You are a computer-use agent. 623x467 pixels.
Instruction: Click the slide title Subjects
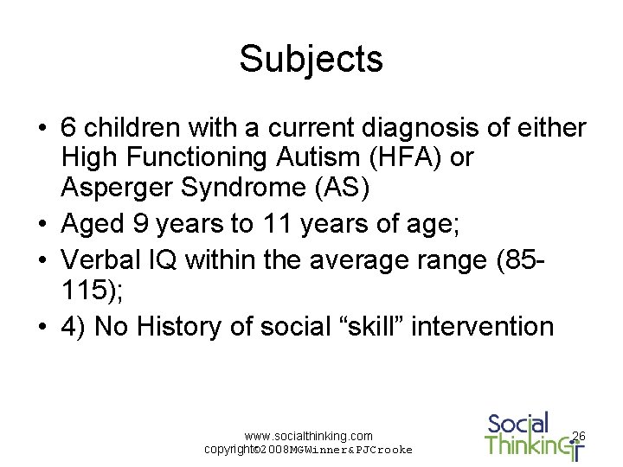coord(311,60)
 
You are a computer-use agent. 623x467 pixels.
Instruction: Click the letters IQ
coord(173,259)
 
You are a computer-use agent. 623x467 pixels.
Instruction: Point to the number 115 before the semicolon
coord(83,290)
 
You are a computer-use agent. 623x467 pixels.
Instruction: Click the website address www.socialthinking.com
coord(309,436)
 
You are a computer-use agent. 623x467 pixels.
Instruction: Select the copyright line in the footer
coord(308,450)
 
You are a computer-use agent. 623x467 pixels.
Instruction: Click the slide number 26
coord(579,437)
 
